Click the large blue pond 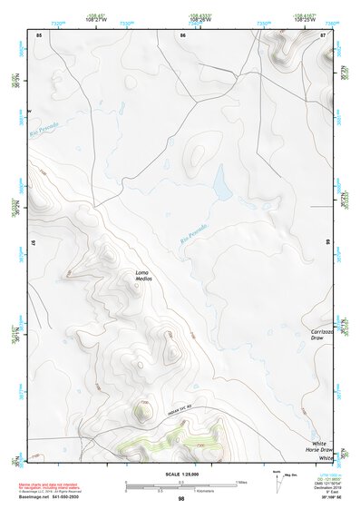click(220, 185)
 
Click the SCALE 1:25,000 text click(181, 475)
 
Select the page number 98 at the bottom click(181, 499)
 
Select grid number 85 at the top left click(38, 34)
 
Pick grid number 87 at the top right click(324, 34)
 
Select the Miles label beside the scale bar click(241, 481)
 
